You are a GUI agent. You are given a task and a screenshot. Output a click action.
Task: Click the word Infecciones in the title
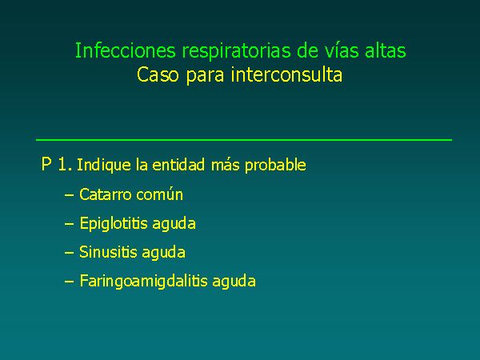(126, 50)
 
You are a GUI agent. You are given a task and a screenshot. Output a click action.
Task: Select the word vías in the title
(342, 50)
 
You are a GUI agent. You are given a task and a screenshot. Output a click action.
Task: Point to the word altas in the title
(386, 50)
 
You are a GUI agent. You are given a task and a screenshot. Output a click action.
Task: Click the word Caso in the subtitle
(158, 75)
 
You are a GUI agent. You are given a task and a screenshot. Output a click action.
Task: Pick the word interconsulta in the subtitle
(286, 75)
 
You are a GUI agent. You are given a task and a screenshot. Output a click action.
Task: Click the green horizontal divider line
(244, 140)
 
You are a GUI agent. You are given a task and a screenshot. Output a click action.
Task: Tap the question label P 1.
(57, 164)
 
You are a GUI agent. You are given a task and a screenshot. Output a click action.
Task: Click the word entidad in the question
(178, 165)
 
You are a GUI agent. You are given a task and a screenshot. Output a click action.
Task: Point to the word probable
(275, 166)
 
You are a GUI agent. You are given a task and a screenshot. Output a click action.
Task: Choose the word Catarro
(105, 194)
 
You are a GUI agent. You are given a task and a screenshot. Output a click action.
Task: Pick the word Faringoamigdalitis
(143, 282)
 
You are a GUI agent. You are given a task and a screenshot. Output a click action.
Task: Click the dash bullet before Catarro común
(69, 195)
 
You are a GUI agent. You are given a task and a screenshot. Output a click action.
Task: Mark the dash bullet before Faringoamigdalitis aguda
(69, 282)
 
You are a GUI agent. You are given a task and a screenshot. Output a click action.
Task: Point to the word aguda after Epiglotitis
(174, 224)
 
